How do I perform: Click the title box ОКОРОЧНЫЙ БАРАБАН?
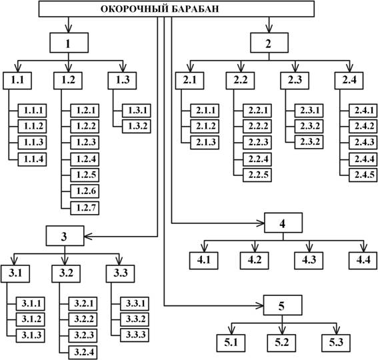pyautogui.click(x=177, y=9)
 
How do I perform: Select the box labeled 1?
pyautogui.click(x=69, y=43)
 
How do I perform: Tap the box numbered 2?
pyautogui.click(x=269, y=43)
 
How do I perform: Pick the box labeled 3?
pyautogui.click(x=65, y=236)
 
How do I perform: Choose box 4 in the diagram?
pyautogui.click(x=283, y=223)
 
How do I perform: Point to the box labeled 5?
pyautogui.click(x=283, y=305)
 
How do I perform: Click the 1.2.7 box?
pyautogui.click(x=85, y=208)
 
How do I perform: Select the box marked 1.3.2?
pyautogui.click(x=137, y=127)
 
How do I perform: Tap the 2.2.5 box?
pyautogui.click(x=257, y=175)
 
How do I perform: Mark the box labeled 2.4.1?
pyautogui.click(x=363, y=111)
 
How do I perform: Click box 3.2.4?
pyautogui.click(x=83, y=353)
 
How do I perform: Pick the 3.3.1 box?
pyautogui.click(x=135, y=303)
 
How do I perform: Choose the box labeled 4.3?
pyautogui.click(x=309, y=261)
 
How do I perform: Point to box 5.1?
pyautogui.click(x=231, y=343)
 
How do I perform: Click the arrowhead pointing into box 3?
pyautogui.click(x=88, y=237)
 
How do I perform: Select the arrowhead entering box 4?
pyautogui.click(x=261, y=223)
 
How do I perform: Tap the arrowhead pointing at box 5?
pyautogui.click(x=260, y=306)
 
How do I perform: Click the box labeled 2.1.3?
pyautogui.click(x=205, y=143)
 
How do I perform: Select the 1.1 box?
pyautogui.click(x=17, y=81)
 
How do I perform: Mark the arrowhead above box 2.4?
pyautogui.click(x=349, y=68)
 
